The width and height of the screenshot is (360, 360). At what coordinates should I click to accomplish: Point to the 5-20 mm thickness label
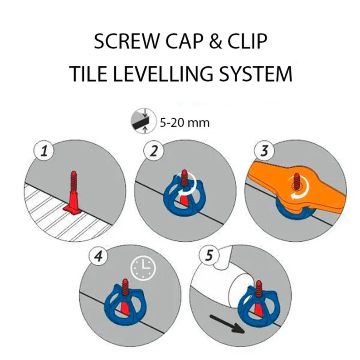[x=185, y=122]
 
